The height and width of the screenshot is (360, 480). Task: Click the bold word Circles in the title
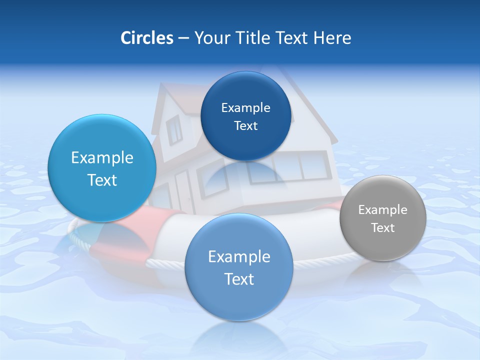tap(146, 38)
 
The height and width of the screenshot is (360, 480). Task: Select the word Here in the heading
tap(332, 38)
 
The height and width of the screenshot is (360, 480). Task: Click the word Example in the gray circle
tap(382, 210)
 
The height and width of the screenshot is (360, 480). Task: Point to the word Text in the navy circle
tap(245, 126)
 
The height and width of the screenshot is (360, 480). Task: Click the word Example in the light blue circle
tap(102, 158)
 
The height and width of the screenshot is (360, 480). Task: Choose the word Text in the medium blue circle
tap(239, 279)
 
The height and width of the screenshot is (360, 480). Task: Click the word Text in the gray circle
tap(382, 228)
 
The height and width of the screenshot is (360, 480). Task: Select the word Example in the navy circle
tap(245, 108)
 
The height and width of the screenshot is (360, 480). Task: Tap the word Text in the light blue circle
tap(102, 180)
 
